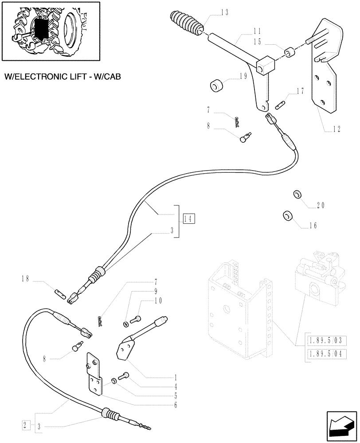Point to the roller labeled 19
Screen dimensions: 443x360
coord(218,85)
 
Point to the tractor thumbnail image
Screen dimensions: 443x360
coord(50,31)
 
